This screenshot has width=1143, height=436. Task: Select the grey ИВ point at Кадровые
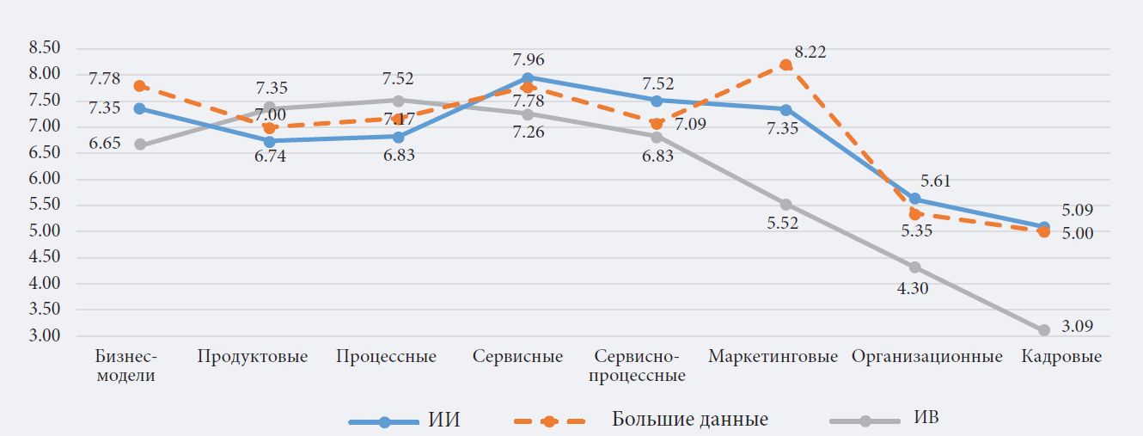pyautogui.click(x=1044, y=330)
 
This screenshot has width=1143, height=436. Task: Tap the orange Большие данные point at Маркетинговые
pyautogui.click(x=786, y=64)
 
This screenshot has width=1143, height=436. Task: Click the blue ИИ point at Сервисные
pyautogui.click(x=528, y=78)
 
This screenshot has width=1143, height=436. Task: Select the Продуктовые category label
pyautogui.click(x=252, y=357)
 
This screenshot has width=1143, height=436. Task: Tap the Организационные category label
pyautogui.click(x=927, y=357)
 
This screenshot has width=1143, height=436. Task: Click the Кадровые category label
pyautogui.click(x=1061, y=357)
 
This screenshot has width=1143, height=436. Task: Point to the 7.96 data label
pyautogui.click(x=529, y=60)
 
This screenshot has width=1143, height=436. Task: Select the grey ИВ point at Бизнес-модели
pyautogui.click(x=140, y=144)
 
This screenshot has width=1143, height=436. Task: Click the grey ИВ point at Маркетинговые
pyautogui.click(x=785, y=205)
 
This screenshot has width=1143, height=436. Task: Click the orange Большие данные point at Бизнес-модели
pyautogui.click(x=140, y=86)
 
